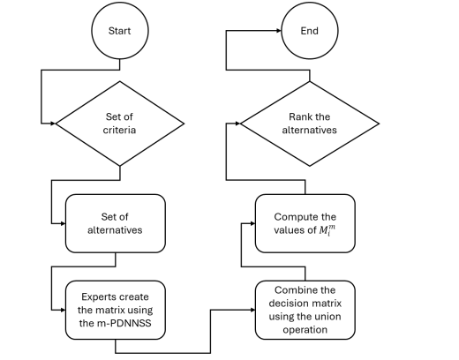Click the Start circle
(x=120, y=31)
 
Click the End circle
(x=310, y=31)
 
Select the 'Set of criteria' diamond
(x=120, y=124)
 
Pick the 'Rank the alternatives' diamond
(x=310, y=124)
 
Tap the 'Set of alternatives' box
(x=116, y=223)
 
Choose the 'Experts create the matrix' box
(x=116, y=310)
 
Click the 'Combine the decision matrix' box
(x=305, y=310)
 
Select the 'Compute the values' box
(x=305, y=223)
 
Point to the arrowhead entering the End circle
(x=279, y=30)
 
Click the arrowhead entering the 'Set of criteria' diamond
(x=53, y=124)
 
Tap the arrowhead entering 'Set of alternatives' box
(x=63, y=223)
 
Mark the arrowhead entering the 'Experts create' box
(x=63, y=310)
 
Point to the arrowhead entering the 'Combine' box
(x=252, y=310)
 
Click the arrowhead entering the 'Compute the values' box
(x=252, y=223)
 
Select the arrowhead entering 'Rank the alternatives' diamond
(x=237, y=124)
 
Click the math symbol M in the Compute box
(x=327, y=230)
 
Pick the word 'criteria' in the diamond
(x=119, y=130)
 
